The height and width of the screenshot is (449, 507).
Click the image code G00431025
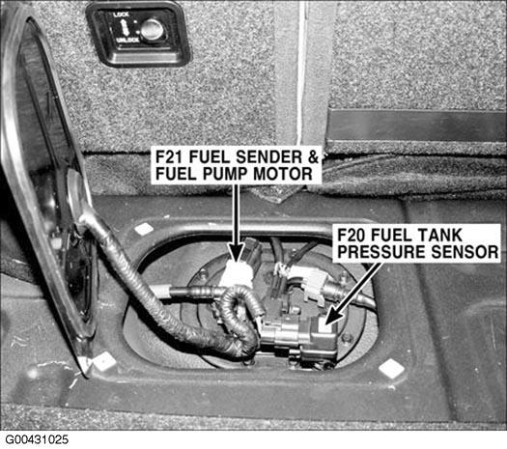[37, 439]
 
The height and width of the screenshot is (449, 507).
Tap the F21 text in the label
[170, 156]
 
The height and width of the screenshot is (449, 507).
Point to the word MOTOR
[283, 174]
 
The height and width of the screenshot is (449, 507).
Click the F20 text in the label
[352, 235]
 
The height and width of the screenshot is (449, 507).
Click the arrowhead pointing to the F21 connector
[237, 252]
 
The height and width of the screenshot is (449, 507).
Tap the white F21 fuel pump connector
[238, 274]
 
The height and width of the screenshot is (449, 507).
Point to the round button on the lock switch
[153, 29]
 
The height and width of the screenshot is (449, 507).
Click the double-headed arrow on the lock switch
[125, 27]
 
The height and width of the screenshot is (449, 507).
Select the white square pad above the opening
[144, 229]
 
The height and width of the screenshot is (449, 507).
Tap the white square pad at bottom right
[392, 368]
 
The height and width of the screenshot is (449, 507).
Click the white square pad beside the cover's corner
[104, 361]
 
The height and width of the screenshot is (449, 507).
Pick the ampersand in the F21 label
[313, 156]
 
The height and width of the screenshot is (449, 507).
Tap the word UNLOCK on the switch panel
[127, 40]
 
